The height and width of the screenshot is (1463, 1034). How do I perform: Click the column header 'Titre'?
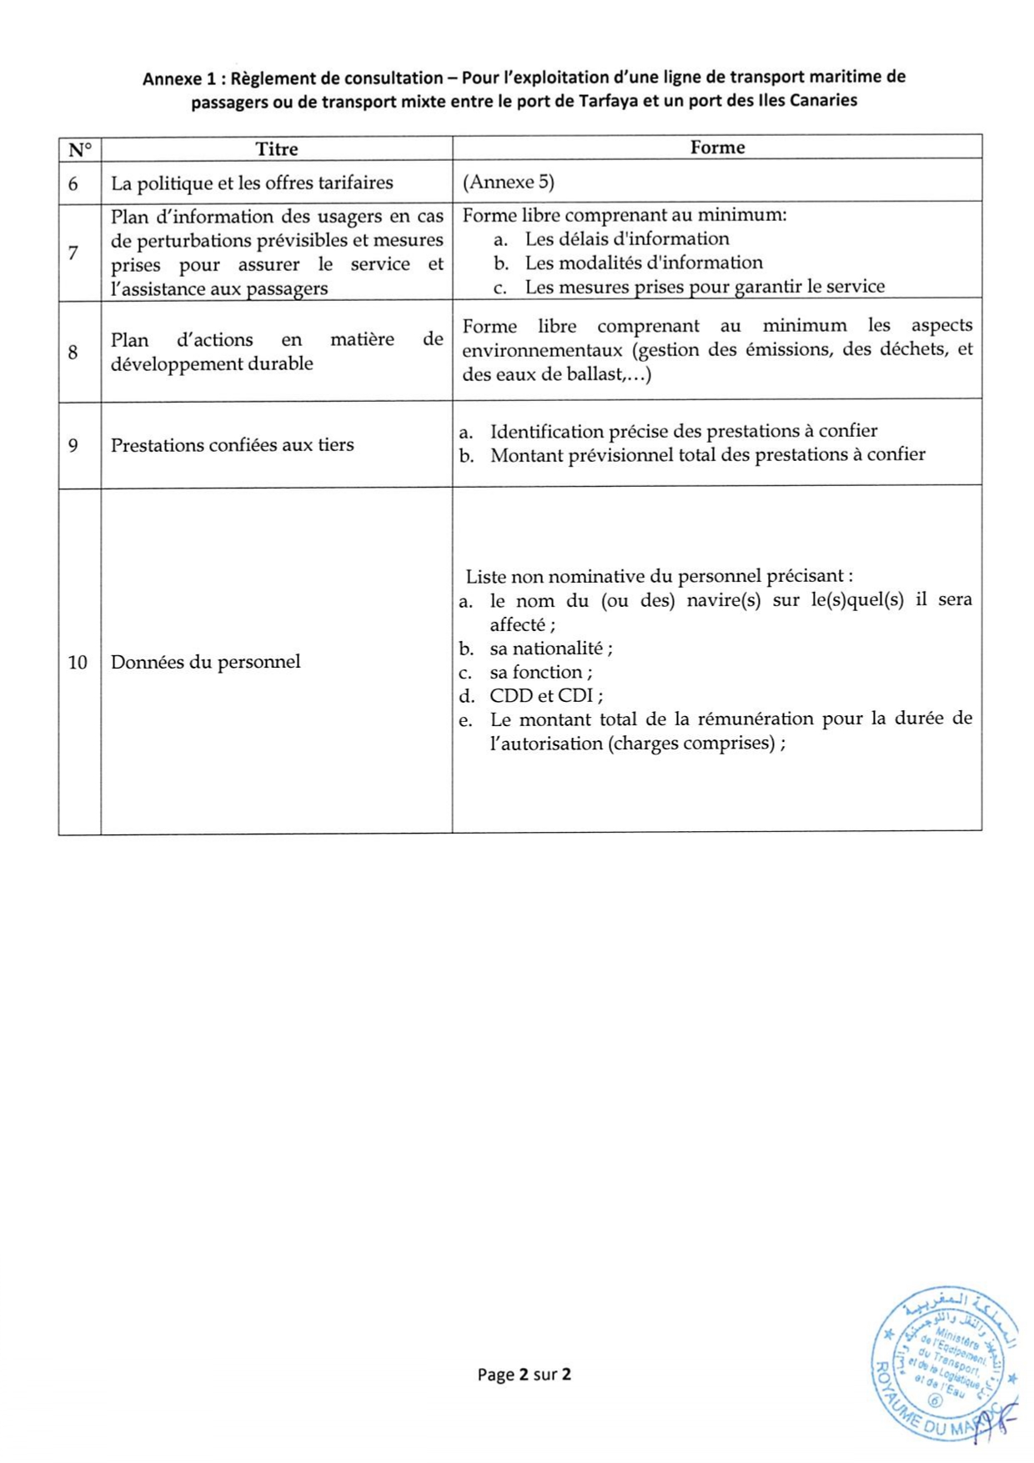[276, 149]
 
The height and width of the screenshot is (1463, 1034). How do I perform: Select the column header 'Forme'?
[717, 148]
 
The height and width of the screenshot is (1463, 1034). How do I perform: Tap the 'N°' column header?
[80, 150]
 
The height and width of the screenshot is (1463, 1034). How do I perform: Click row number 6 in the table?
[73, 183]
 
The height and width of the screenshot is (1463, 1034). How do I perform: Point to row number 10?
[78, 663]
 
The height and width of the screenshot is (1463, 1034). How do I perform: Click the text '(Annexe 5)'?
[509, 182]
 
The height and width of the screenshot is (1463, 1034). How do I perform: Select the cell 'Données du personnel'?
[205, 662]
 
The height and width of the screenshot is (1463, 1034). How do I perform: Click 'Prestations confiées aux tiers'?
[232, 445]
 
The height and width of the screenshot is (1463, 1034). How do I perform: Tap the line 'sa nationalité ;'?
[550, 649]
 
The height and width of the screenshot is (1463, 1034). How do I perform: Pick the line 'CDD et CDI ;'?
[546, 696]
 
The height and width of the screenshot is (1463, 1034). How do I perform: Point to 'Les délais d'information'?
[626, 239]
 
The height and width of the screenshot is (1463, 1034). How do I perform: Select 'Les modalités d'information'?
[643, 263]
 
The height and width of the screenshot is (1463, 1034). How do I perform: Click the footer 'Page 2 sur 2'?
[524, 1375]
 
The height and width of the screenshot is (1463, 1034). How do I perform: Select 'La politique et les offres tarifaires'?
[252, 183]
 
